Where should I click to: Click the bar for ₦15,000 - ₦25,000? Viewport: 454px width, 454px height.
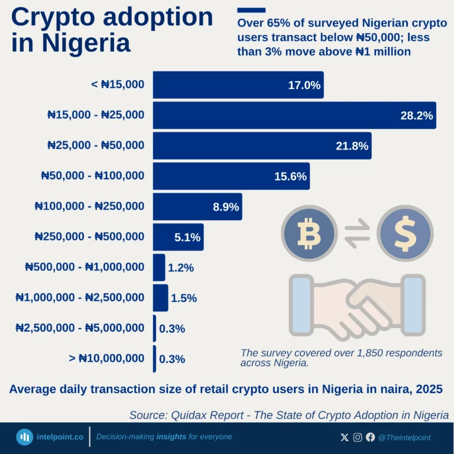point(294,115)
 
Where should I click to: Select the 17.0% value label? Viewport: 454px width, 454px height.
point(304,85)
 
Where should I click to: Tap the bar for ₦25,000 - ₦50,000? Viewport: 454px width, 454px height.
point(261,146)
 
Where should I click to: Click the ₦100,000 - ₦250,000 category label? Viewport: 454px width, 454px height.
point(89,206)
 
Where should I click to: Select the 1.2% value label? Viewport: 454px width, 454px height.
point(181,268)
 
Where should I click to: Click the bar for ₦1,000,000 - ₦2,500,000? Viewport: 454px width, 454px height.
point(160,298)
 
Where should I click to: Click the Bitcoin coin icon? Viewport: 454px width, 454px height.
point(309,234)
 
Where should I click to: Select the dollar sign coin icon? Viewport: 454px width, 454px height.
point(405,234)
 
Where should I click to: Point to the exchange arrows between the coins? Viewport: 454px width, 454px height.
point(357,234)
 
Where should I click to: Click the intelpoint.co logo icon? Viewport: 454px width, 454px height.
point(24,437)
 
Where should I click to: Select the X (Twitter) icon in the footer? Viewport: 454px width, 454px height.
point(345,437)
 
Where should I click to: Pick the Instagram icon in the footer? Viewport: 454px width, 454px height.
point(358,437)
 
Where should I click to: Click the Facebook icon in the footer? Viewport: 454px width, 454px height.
point(371,437)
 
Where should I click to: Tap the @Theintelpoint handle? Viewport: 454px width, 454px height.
point(404,437)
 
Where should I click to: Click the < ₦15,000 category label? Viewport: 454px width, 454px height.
point(117,85)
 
